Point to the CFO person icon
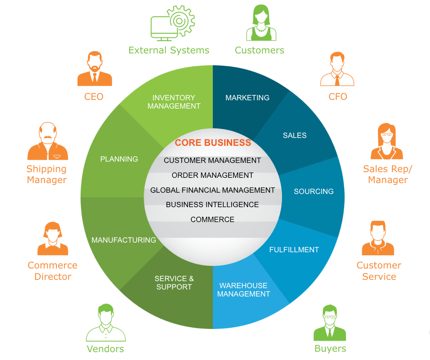(337, 70)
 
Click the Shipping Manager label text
(47, 174)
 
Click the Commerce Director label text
(53, 271)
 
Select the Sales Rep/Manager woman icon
(387, 142)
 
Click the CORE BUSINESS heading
(213, 143)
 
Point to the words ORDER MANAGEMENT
(212, 175)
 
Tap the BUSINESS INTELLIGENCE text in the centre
(212, 205)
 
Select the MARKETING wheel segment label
(247, 98)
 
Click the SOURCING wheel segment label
(314, 191)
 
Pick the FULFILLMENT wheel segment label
(294, 250)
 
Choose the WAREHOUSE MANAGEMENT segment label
(243, 289)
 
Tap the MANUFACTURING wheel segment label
(123, 240)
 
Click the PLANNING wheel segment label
(119, 159)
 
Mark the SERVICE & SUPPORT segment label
(174, 282)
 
